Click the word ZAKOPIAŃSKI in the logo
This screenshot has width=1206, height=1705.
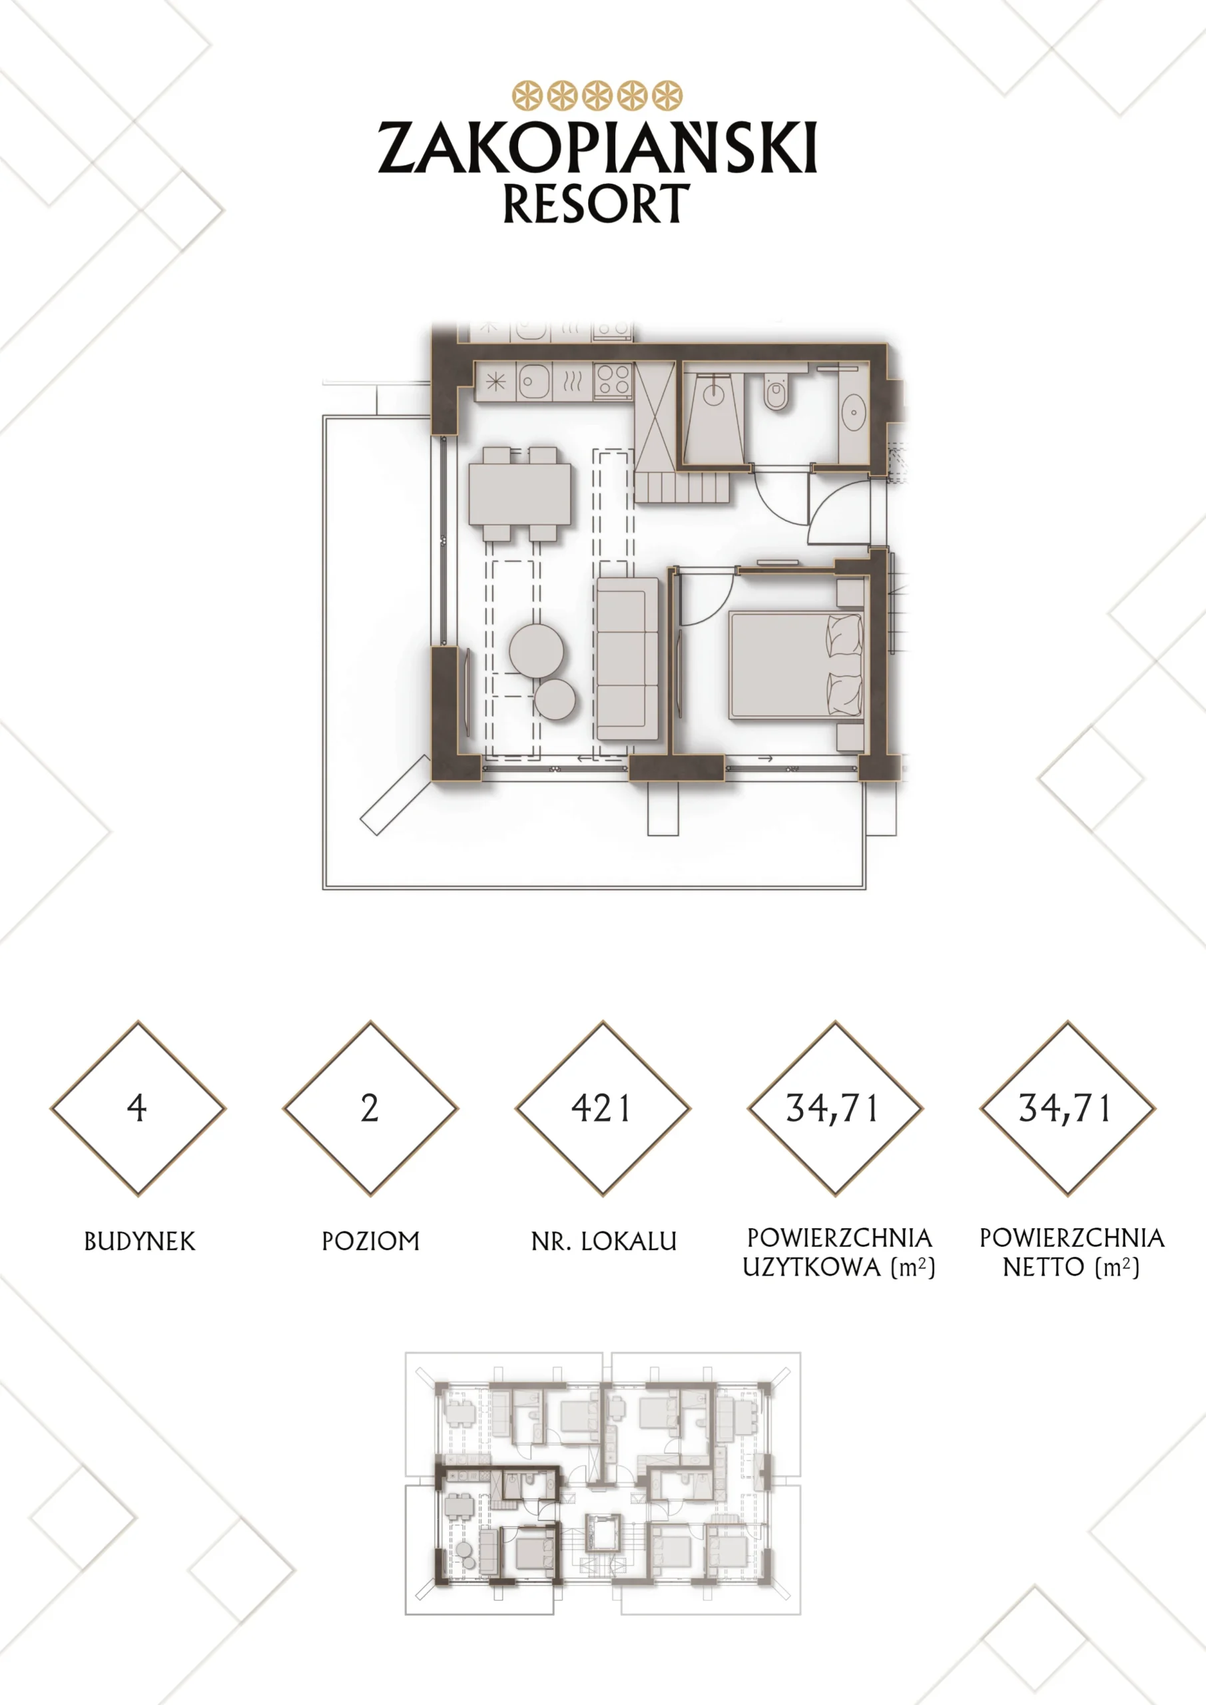click(x=598, y=147)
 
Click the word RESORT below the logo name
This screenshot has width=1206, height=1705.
click(x=596, y=204)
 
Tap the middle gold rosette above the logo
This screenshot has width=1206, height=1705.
click(x=597, y=96)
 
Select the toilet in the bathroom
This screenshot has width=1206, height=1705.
click(x=776, y=392)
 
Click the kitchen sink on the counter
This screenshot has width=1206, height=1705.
click(x=534, y=382)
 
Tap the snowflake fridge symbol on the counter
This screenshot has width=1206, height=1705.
click(x=495, y=382)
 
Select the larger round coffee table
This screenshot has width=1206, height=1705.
click(x=536, y=651)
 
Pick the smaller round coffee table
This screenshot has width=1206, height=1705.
click(x=555, y=699)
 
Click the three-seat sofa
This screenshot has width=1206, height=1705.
click(x=627, y=659)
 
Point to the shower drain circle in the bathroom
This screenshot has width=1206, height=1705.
click(x=714, y=396)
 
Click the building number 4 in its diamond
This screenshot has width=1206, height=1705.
click(x=137, y=1108)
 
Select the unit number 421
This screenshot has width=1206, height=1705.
click(x=601, y=1108)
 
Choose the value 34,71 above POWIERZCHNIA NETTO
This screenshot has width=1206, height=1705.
click(x=1065, y=1109)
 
